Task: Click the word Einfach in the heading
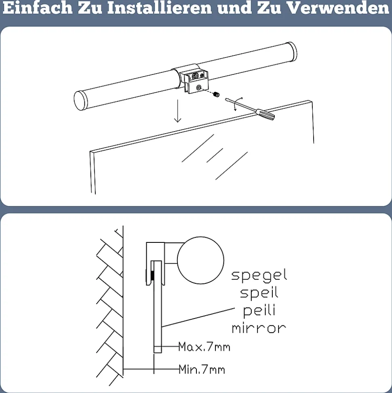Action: pos(38,8)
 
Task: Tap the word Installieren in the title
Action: pos(160,8)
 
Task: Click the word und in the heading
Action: pos(234,8)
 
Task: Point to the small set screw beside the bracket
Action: pos(217,94)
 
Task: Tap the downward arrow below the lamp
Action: pos(177,111)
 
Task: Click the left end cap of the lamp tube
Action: pos(80,100)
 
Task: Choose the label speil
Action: pos(259,293)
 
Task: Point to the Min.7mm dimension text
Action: pos(202,370)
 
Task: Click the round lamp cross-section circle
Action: pos(200,260)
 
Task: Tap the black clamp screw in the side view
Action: pos(152,276)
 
